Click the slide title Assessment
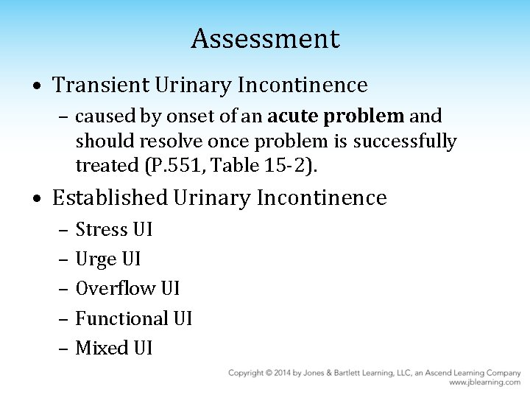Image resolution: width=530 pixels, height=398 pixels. (265, 38)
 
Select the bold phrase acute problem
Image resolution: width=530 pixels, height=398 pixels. (336, 116)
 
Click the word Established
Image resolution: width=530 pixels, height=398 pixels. (110, 198)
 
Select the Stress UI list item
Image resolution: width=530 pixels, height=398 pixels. (114, 229)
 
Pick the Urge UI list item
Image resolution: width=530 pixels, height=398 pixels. (108, 259)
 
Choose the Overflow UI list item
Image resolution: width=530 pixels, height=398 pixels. (127, 288)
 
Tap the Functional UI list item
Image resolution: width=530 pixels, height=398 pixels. (133, 318)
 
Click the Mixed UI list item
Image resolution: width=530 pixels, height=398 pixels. (114, 348)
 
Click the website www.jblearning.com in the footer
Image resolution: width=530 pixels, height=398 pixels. (484, 383)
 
